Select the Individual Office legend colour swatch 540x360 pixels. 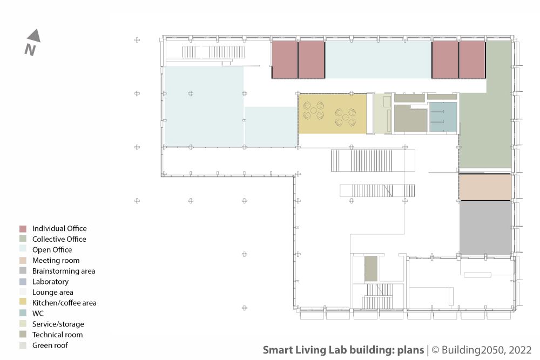pos(23,229)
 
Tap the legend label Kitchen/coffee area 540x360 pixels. pos(64,303)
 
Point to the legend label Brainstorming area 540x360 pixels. pos(64,271)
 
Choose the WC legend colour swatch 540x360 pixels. pos(23,314)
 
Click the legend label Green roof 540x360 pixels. pos(50,345)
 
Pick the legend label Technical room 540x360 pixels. pos(58,335)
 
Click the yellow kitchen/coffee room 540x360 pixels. pos(332,113)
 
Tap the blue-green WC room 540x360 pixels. pos(443,117)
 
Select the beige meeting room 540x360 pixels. pos(485,187)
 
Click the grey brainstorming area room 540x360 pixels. pos(485,228)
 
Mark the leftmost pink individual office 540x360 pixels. pos(285,59)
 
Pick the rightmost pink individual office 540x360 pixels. pos(472,59)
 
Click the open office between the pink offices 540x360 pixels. pos(378,59)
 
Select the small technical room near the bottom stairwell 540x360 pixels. pos(371,268)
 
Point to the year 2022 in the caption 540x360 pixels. pos(520,350)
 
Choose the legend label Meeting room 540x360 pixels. pos(56,261)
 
